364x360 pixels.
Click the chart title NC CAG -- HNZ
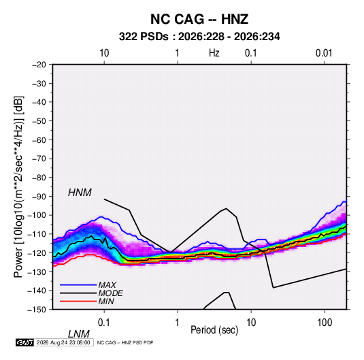point(199,19)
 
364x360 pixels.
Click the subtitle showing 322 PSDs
point(199,37)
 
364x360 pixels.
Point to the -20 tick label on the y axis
point(39,65)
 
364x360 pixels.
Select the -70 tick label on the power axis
point(39,159)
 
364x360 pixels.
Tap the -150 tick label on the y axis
point(37,310)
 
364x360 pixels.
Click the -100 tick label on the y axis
point(37,215)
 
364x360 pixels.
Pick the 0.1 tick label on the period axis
point(104,323)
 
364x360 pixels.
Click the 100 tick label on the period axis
point(325,323)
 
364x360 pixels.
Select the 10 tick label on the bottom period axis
point(251,323)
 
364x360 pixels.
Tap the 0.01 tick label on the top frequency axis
point(324,53)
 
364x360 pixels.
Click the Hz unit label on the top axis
point(214,53)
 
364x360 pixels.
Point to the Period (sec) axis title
point(214,330)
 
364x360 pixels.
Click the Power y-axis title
point(18,186)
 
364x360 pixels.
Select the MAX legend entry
point(107,284)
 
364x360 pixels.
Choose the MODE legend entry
point(110,293)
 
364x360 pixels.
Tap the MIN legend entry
point(106,301)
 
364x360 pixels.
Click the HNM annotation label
point(80,193)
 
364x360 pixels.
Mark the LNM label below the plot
point(78,334)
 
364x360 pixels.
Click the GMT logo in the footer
point(24,342)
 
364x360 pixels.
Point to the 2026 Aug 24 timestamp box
point(63,342)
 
